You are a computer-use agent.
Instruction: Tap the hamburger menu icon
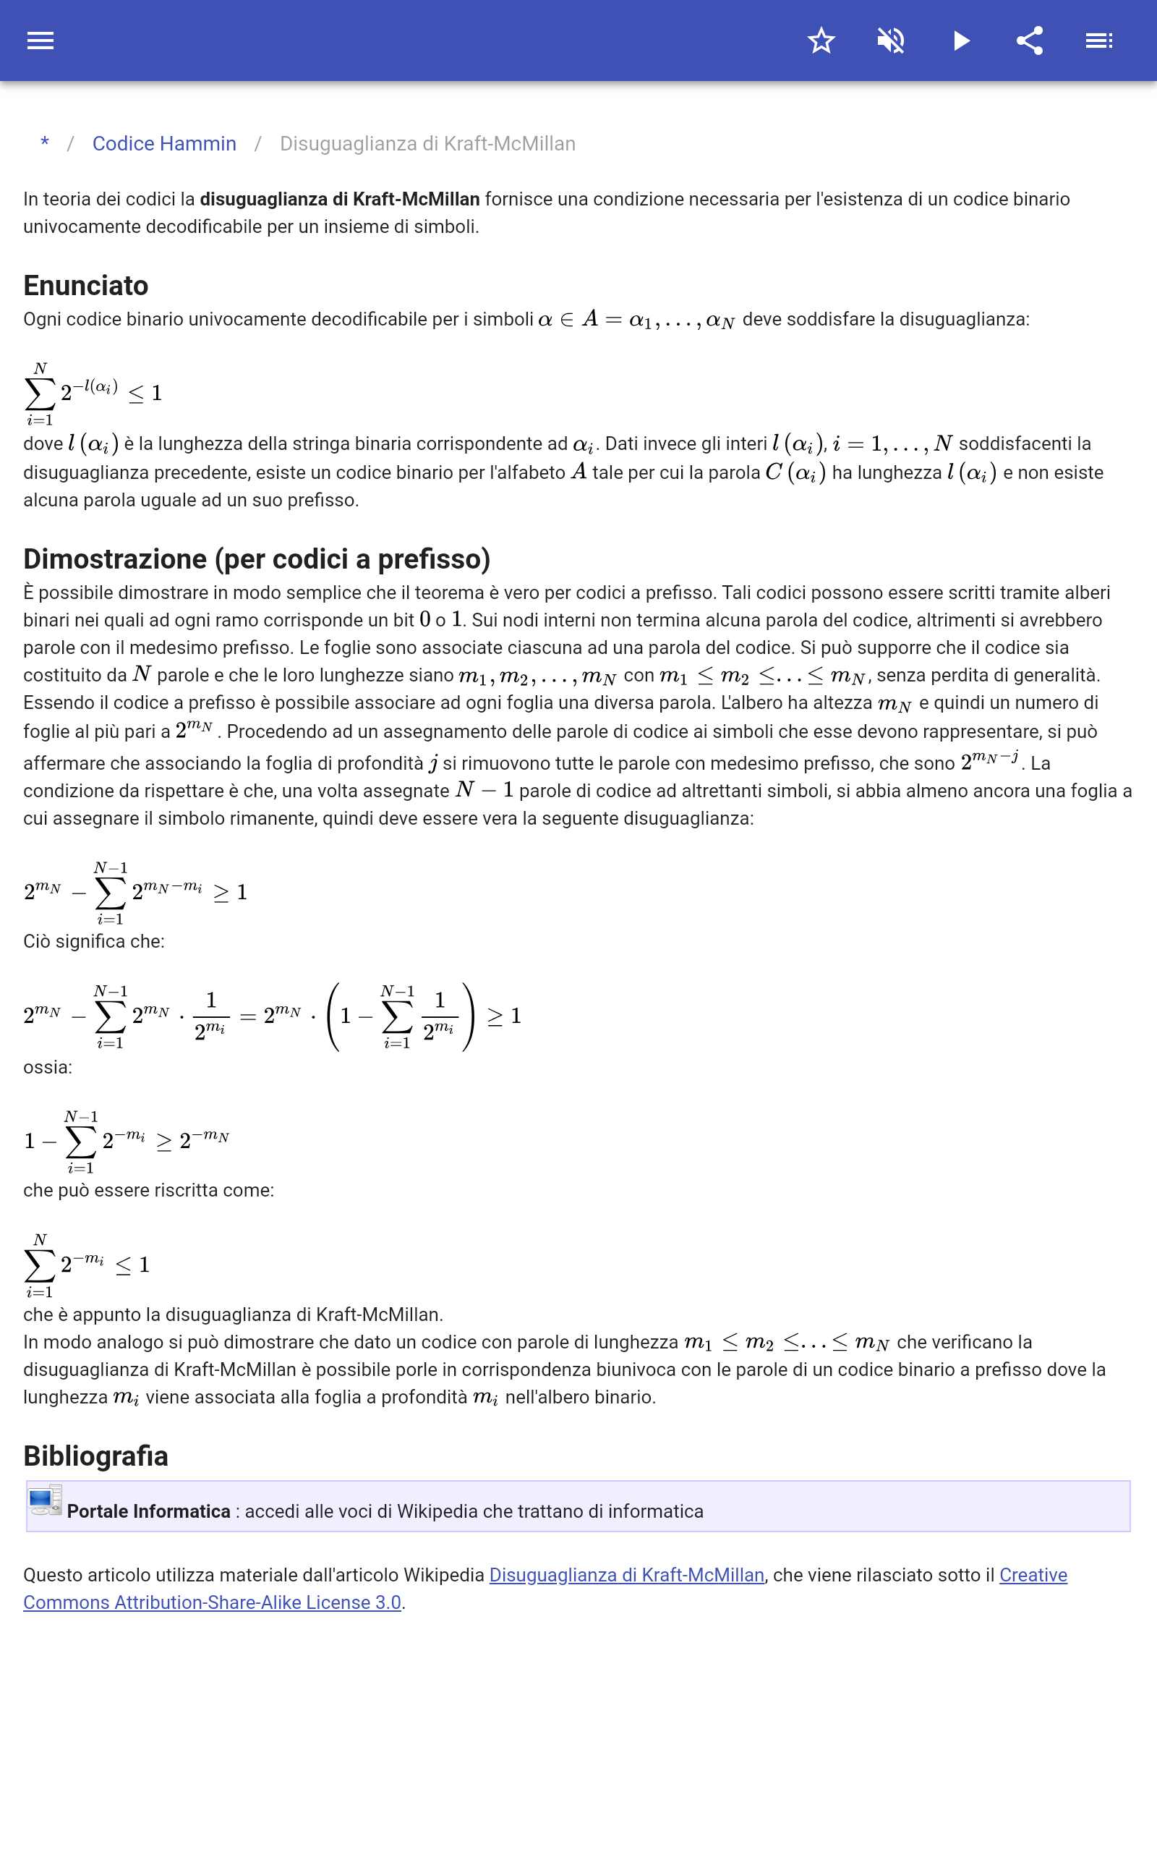[x=40, y=41]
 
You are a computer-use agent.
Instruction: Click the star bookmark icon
[x=821, y=41]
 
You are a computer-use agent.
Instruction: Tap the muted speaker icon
[x=891, y=41]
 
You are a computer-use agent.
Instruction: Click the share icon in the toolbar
[x=1030, y=41]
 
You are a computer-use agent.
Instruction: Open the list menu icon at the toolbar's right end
[x=1099, y=41]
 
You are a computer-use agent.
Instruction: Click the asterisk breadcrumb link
[x=45, y=143]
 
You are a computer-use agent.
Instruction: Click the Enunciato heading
[x=86, y=286]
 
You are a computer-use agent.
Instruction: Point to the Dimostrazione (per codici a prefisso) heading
[x=256, y=559]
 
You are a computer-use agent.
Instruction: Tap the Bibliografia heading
[x=95, y=1456]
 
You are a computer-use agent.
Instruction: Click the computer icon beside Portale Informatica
[x=44, y=1502]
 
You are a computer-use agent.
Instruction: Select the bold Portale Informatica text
[x=148, y=1511]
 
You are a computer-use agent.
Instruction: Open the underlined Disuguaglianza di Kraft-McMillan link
[x=626, y=1575]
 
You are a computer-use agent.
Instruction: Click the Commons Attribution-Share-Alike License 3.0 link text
[x=212, y=1602]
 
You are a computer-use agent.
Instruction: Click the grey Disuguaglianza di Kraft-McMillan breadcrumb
[x=427, y=144]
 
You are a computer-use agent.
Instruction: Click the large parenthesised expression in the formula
[x=400, y=1016]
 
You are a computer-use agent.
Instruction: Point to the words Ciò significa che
[x=93, y=941]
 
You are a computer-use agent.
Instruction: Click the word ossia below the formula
[x=48, y=1067]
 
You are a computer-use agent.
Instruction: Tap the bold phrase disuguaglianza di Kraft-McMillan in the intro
[x=340, y=199]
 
